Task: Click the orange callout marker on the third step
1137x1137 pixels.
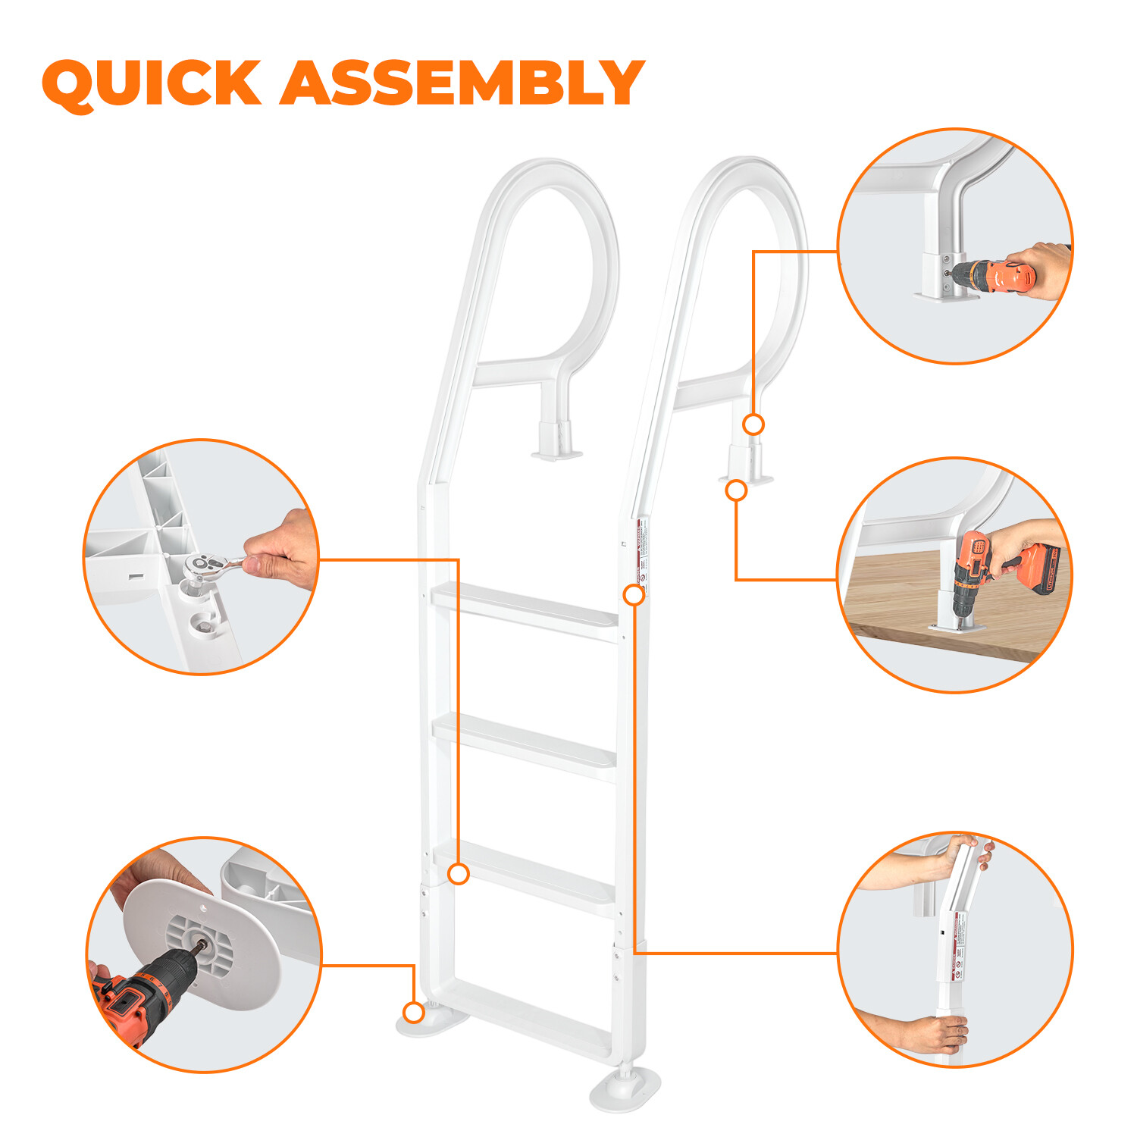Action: pos(459,874)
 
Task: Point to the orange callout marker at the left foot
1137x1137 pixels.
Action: pos(414,1012)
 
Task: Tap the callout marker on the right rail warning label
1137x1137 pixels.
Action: pos(634,595)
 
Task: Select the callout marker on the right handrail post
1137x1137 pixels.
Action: pos(753,424)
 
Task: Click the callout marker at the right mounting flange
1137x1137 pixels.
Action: pos(736,490)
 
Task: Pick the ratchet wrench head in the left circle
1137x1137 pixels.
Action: pos(205,565)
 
